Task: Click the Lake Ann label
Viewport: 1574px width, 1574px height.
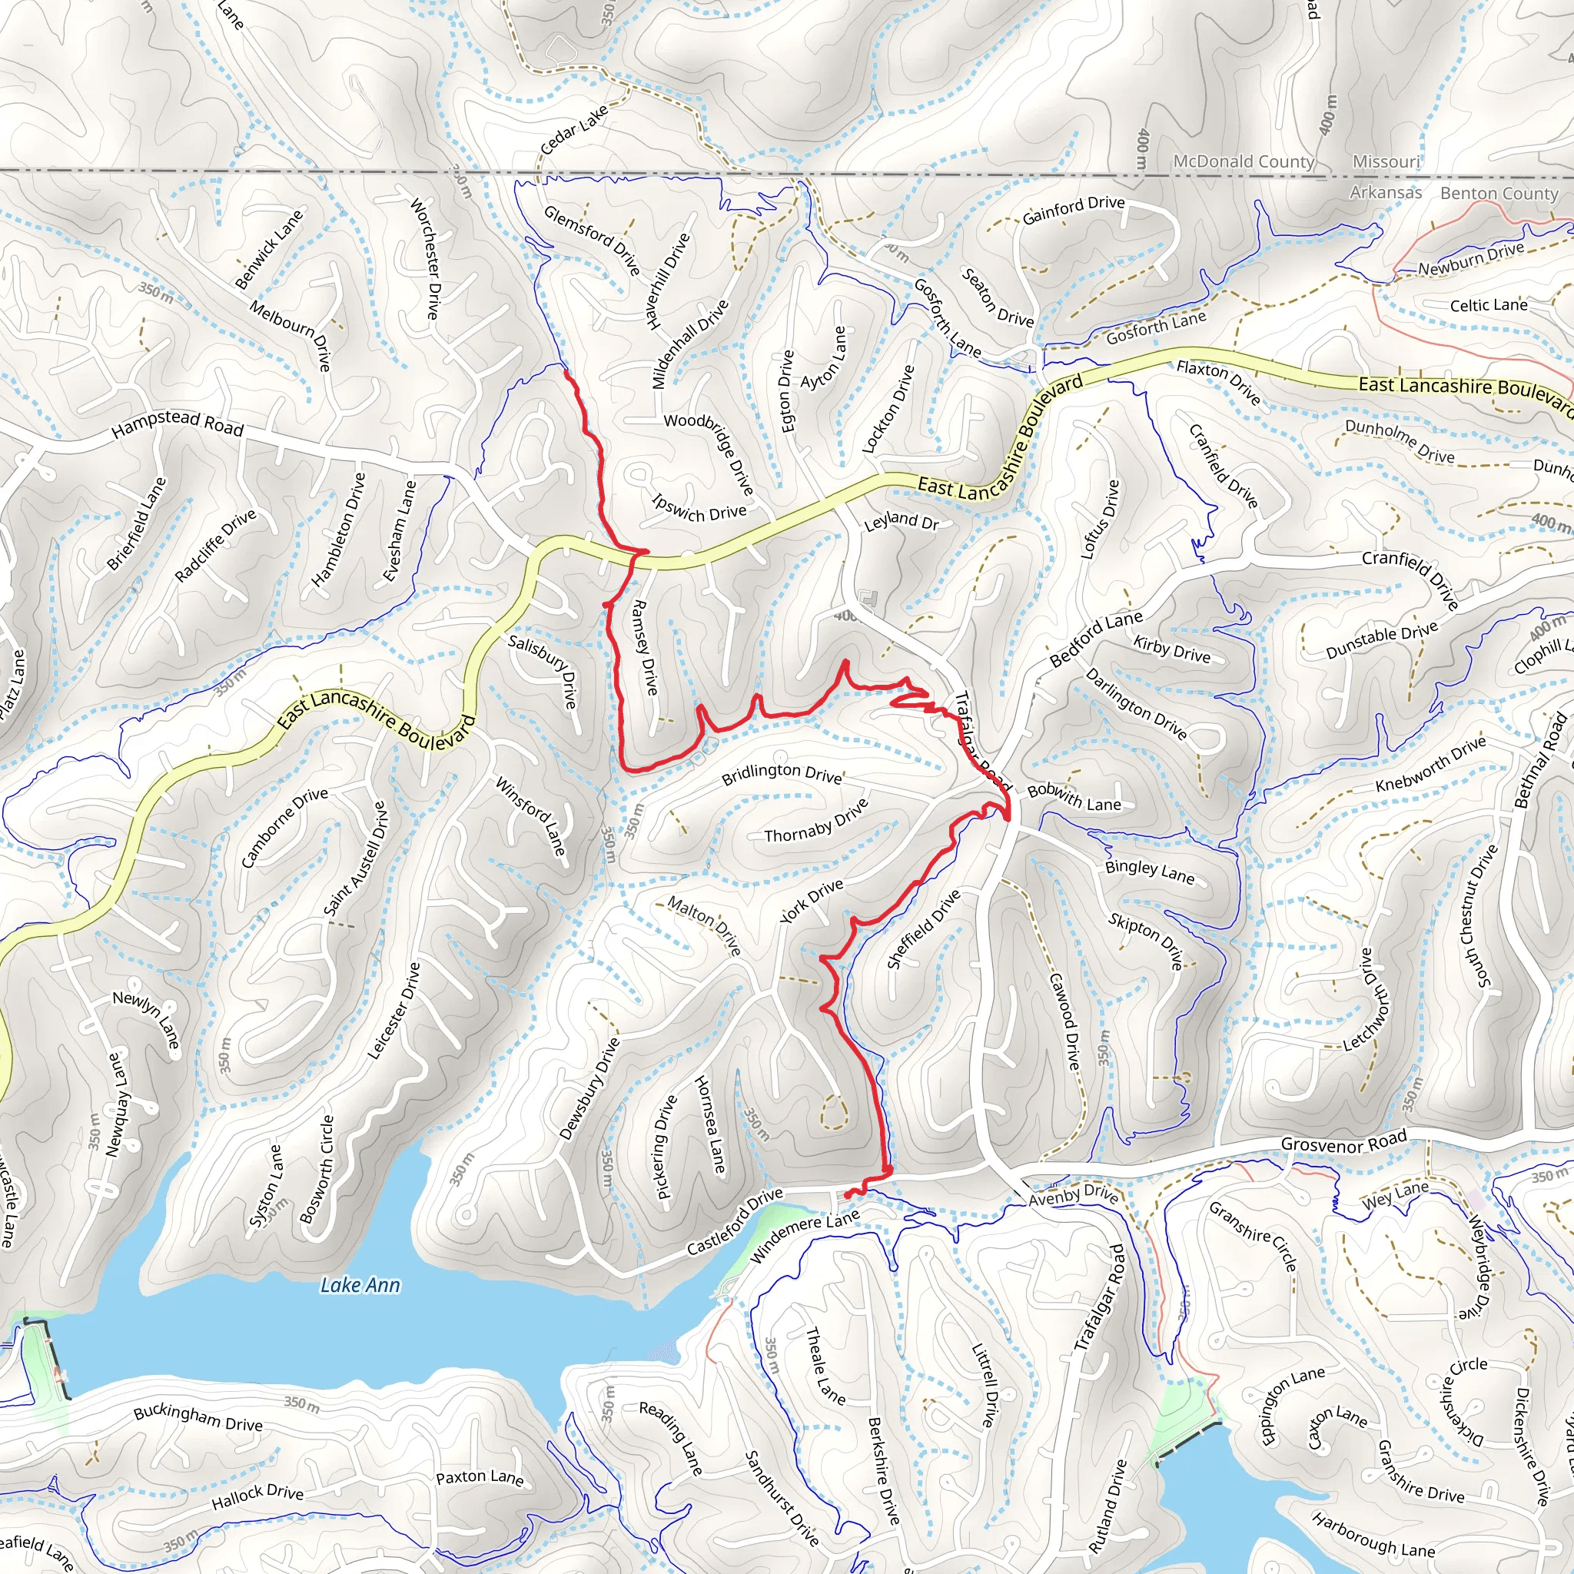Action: [x=360, y=1285]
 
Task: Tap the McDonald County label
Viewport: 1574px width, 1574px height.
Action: [x=1244, y=161]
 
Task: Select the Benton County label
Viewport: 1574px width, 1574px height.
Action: [x=1498, y=193]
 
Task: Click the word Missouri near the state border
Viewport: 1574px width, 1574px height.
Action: [x=1386, y=161]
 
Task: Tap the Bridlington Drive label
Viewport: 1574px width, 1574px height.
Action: [x=782, y=773]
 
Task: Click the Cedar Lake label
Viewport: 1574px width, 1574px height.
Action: [x=574, y=128]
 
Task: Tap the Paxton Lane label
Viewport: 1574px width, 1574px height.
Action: [x=479, y=1477]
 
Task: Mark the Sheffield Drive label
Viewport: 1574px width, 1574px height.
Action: [x=923, y=930]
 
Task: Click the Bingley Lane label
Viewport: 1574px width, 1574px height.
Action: [x=1150, y=872]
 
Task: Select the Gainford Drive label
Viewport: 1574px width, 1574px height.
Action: [x=1073, y=209]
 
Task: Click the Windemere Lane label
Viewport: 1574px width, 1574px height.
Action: [x=803, y=1236]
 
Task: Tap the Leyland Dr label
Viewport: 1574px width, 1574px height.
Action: [x=901, y=521]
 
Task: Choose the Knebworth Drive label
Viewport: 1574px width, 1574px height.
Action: [x=1430, y=764]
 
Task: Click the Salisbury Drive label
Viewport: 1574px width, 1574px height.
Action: [x=543, y=670]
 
